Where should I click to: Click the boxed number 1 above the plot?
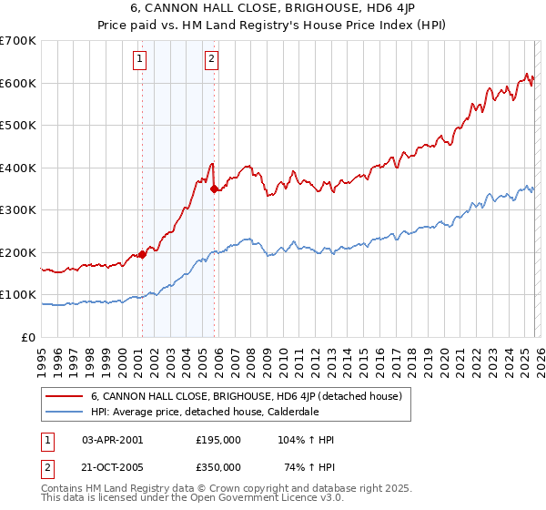coord(140,60)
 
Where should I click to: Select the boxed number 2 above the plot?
coord(211,60)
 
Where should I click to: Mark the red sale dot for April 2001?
coord(142,255)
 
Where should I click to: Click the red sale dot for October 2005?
coord(215,189)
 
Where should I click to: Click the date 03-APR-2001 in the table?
coord(113,440)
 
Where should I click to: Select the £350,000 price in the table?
coord(218,467)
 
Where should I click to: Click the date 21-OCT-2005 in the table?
coord(113,467)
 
